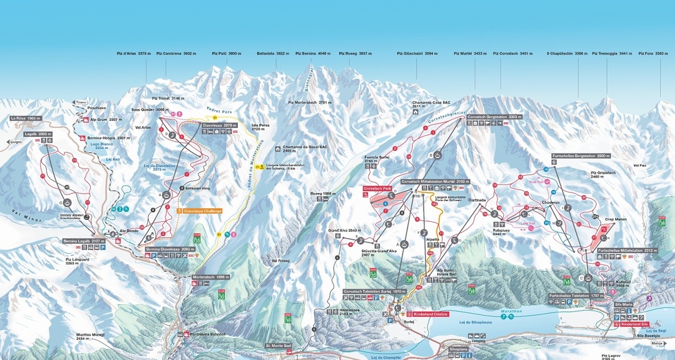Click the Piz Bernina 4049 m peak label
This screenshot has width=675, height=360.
click(312, 54)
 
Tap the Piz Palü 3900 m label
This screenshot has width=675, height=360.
click(226, 54)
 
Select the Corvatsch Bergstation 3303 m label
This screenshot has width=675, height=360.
click(494, 117)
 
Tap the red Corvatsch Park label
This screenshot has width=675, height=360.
click(377, 188)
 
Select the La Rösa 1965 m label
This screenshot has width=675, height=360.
click(26, 119)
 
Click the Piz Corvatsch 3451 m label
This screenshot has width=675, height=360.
click(514, 54)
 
